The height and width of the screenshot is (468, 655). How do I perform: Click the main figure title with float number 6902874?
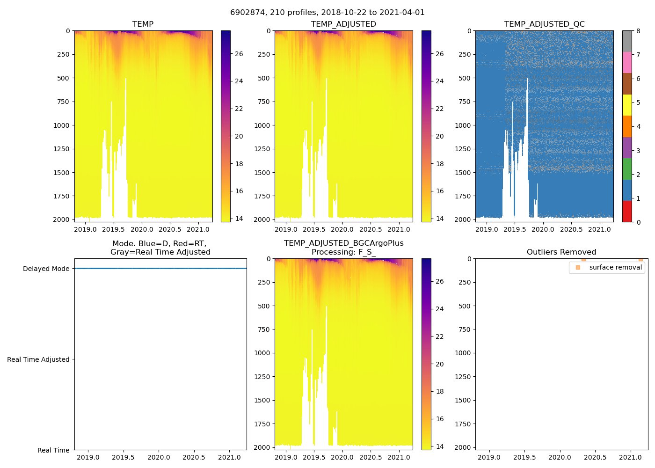tap(327, 13)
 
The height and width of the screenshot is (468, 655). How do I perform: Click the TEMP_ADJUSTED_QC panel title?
tap(544, 24)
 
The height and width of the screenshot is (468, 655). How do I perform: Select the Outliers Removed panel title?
tap(561, 252)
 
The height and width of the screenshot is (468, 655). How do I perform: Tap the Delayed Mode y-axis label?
tap(46, 269)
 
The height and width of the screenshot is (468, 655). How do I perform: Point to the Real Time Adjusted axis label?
tap(38, 359)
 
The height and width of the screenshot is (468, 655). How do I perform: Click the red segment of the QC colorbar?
tap(627, 211)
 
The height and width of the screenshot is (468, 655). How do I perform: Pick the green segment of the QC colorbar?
tap(627, 168)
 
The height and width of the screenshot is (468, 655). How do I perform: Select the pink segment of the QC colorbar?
tap(627, 62)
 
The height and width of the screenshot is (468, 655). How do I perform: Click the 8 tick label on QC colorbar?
tap(639, 31)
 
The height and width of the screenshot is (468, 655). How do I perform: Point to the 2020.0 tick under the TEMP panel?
tap(142, 229)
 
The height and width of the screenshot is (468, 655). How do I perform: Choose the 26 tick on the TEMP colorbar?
tap(239, 54)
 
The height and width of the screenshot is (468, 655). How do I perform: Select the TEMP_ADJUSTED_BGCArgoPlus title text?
tap(343, 243)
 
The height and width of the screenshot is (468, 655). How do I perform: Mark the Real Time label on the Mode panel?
tap(53, 450)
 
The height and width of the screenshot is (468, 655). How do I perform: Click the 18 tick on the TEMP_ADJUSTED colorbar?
tap(439, 164)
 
